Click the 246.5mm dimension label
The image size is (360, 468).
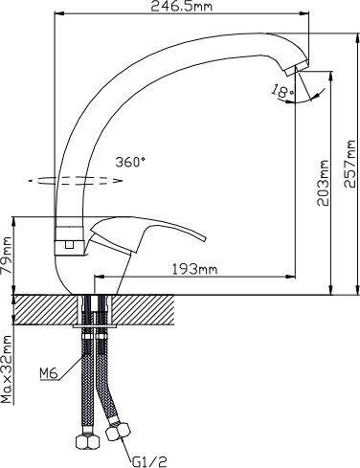(x=181, y=6)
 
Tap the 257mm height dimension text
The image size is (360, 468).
(x=349, y=164)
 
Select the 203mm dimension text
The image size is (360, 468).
(x=323, y=183)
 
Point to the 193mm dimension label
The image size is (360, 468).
(x=194, y=270)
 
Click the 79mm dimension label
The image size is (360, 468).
(x=6, y=256)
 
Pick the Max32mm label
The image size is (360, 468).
(x=6, y=368)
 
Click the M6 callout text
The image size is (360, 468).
(x=49, y=373)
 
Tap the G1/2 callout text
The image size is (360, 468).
(x=149, y=461)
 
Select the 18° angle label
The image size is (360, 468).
(x=282, y=91)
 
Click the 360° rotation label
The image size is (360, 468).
(x=130, y=163)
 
